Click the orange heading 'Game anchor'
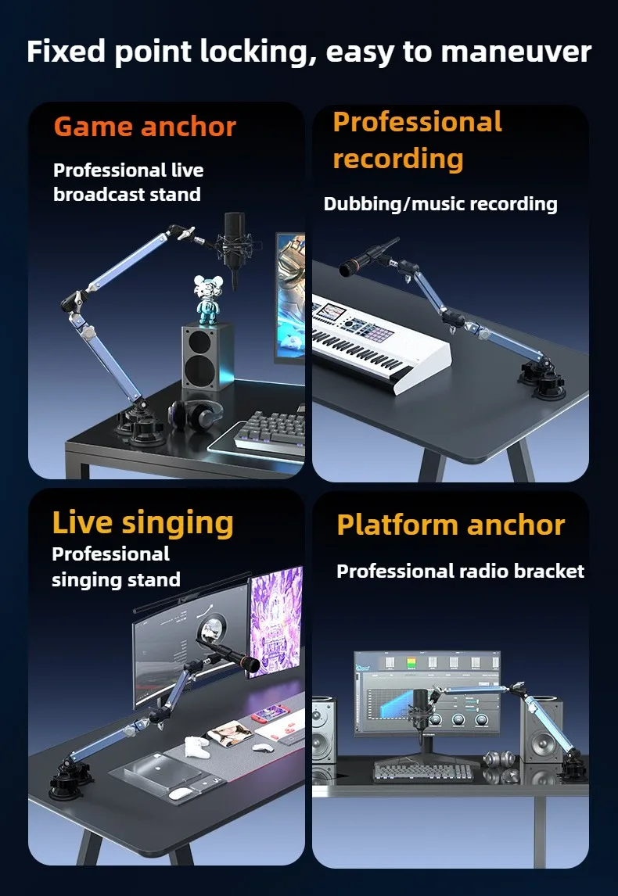click(x=145, y=127)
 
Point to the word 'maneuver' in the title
click(x=516, y=52)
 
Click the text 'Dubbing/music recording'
click(x=440, y=204)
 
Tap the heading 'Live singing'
click(x=143, y=523)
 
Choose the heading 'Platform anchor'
click(x=451, y=525)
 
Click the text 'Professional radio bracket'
click(x=460, y=571)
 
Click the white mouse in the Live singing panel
click(x=181, y=793)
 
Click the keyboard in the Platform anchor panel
click(x=424, y=772)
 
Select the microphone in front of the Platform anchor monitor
click(x=421, y=709)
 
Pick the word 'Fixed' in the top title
click(x=66, y=52)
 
